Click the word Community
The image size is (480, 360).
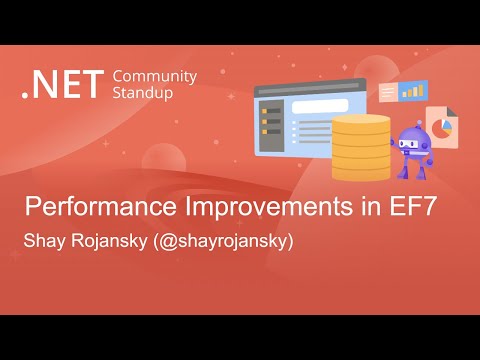coord(155,76)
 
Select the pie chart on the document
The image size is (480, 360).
coord(439,131)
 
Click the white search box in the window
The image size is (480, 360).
coord(320,106)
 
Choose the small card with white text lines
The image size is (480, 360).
coord(388,93)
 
